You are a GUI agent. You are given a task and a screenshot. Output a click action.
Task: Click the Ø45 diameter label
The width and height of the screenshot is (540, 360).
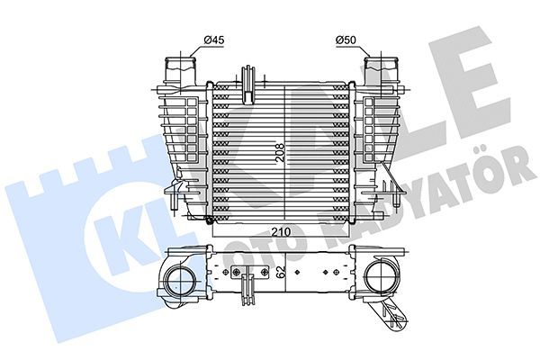213,39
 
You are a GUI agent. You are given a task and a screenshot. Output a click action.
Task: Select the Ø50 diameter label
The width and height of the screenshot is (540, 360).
346,39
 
